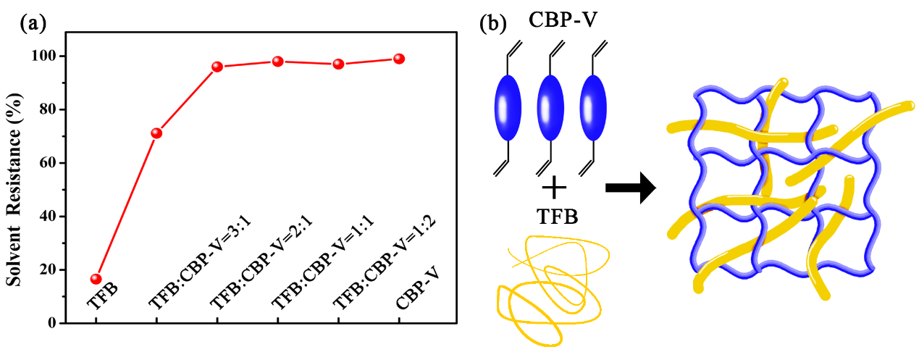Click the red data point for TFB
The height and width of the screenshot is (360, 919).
pyautogui.click(x=96, y=279)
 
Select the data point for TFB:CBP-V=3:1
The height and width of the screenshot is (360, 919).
pyautogui.click(x=156, y=133)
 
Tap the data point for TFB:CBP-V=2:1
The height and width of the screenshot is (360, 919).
pyautogui.click(x=217, y=67)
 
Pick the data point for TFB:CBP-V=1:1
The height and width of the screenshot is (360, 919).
pyautogui.click(x=277, y=62)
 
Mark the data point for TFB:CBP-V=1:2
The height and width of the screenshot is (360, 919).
pyautogui.click(x=338, y=64)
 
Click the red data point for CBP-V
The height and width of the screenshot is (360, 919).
pyautogui.click(x=398, y=59)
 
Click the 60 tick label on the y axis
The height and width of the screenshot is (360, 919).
pyautogui.click(x=49, y=163)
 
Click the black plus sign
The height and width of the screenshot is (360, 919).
pyautogui.click(x=554, y=189)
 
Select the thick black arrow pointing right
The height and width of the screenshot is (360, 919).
pyautogui.click(x=630, y=188)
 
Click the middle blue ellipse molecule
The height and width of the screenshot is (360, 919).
pyautogui.click(x=550, y=107)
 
